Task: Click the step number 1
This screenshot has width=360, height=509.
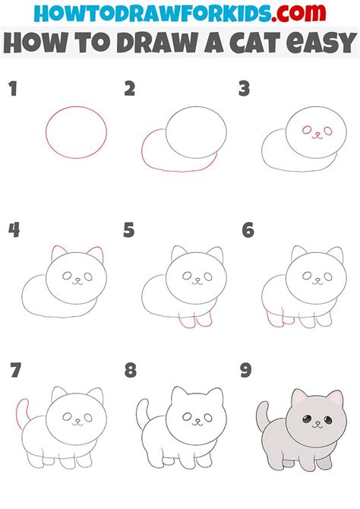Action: coord(12,90)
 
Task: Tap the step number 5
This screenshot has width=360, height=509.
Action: coord(129,230)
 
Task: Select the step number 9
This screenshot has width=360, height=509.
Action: coord(245,371)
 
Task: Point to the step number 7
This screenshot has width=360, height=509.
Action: coord(14,371)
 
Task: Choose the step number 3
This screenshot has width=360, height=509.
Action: coord(245,90)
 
